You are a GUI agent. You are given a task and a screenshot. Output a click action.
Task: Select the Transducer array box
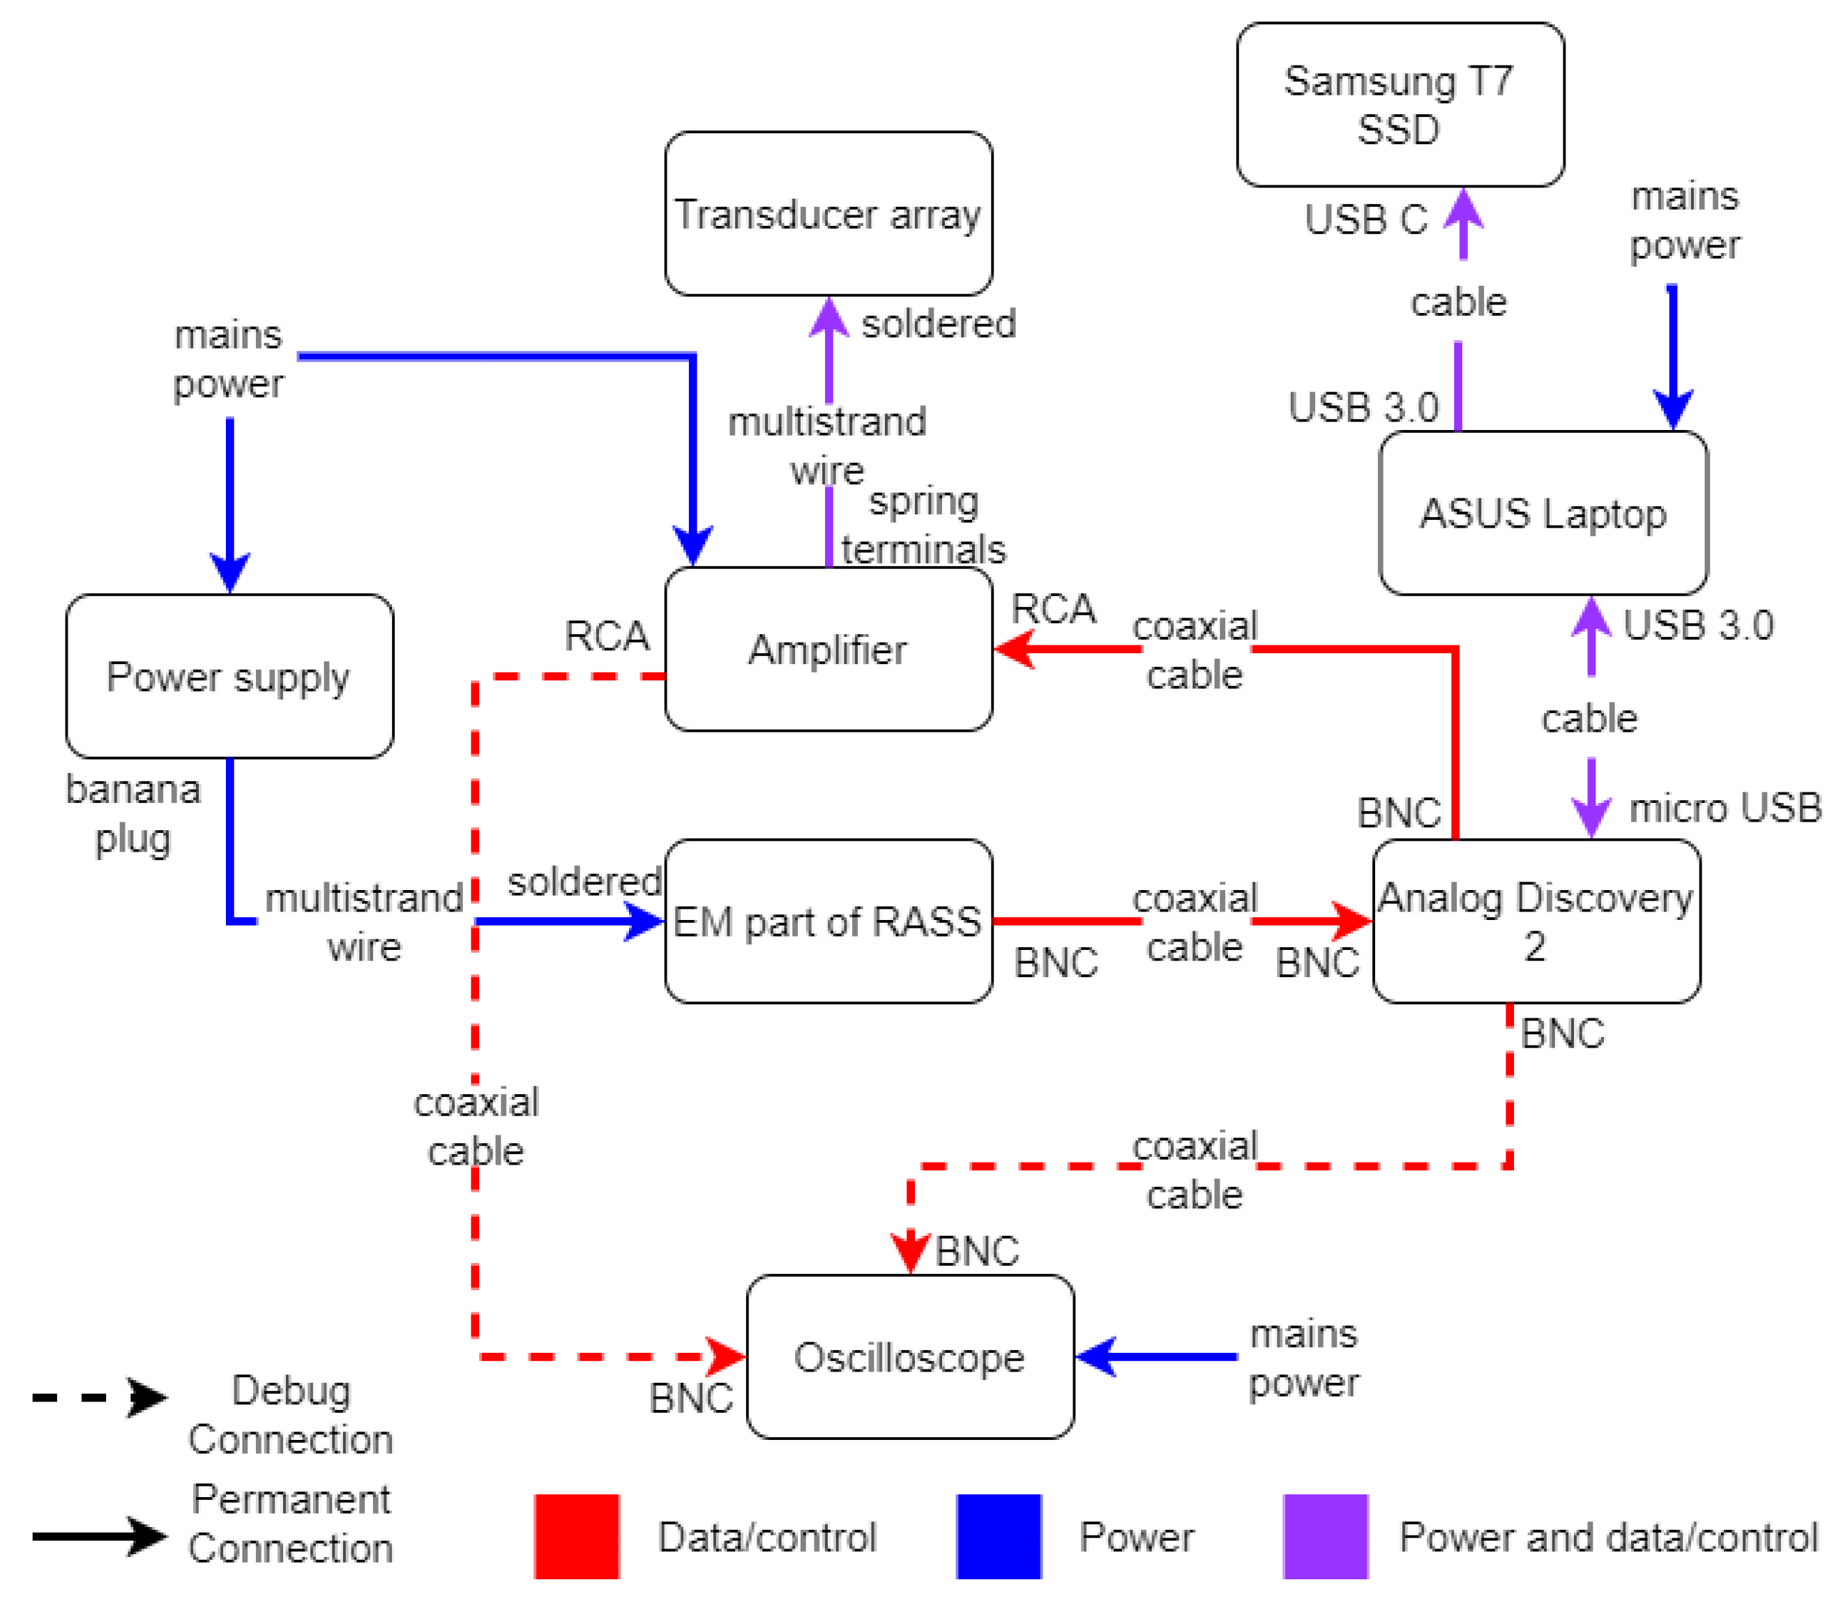(x=828, y=214)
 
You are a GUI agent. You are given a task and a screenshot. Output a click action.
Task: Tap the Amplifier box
(x=828, y=650)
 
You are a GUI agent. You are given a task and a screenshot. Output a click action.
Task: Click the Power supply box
(x=229, y=676)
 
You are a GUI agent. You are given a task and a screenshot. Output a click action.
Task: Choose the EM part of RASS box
(x=828, y=921)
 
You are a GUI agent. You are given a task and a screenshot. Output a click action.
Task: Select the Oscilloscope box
(x=909, y=1357)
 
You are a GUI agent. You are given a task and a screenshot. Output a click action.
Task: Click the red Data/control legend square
(x=577, y=1536)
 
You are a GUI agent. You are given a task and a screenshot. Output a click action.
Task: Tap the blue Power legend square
(x=998, y=1536)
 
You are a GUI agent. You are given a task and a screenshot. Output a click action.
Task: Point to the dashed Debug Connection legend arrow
(x=98, y=1397)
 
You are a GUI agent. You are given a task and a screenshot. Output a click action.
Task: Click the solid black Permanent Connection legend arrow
(x=98, y=1536)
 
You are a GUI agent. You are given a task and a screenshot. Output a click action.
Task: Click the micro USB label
(x=1725, y=808)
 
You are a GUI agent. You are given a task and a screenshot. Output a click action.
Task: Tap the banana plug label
(x=133, y=814)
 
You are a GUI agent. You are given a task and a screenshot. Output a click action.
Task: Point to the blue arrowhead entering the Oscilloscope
(x=1096, y=1357)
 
